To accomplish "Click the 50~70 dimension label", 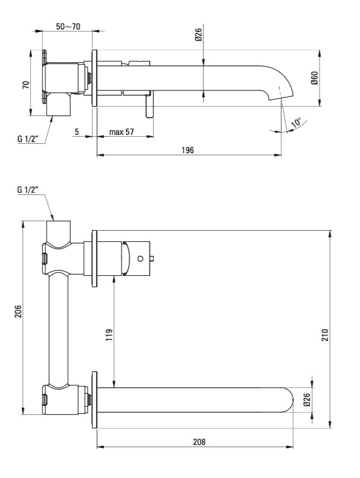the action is coord(68,27).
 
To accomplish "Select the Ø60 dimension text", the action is coord(315,78).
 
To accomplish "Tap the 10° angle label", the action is coord(296,122).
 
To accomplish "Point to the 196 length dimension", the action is coord(188,150).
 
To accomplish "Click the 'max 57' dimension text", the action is coord(122,132).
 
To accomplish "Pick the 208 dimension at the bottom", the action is coord(199,441).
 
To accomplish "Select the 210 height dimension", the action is coord(326,335).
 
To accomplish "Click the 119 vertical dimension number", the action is coord(109,335).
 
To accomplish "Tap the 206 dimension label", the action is coord(18,311).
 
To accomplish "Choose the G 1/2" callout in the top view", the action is coord(27,139).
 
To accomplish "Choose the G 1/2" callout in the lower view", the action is coord(27,190).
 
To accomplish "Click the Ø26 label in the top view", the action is coord(198,34).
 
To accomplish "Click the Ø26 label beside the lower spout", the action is coord(307,400).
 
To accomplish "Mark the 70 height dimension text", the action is coord(26,84).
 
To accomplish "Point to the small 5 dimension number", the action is coord(77,132).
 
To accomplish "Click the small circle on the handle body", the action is coord(140,259).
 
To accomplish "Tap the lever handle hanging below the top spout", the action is coord(149,106).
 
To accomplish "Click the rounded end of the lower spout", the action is coord(289,400).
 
